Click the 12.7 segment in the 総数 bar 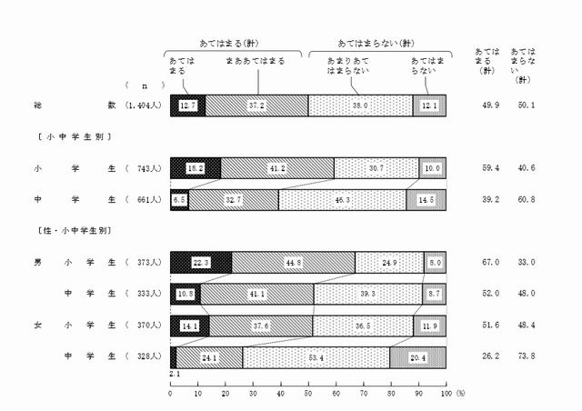[x=187, y=105]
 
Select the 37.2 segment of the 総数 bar [x=256, y=105]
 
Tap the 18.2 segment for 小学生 [x=195, y=168]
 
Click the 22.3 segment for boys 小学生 [x=201, y=263]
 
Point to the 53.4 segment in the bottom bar [x=316, y=357]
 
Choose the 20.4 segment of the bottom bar [x=417, y=357]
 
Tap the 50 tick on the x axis [x=308, y=393]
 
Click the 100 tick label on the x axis [x=445, y=393]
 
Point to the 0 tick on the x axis [x=171, y=393]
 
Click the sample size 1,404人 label [x=143, y=105]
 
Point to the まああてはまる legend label [x=256, y=61]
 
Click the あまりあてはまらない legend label [x=347, y=65]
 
